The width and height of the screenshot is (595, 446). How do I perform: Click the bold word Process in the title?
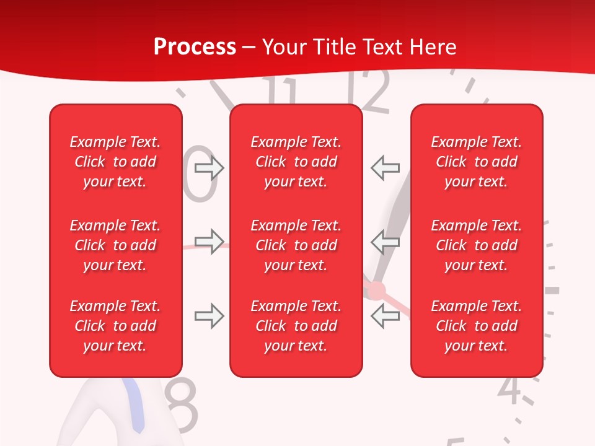[195, 47]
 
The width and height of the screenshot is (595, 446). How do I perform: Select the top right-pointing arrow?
[209, 168]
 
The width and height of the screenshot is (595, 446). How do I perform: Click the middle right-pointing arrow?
[209, 242]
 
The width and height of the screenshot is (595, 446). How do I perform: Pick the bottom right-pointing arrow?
[209, 317]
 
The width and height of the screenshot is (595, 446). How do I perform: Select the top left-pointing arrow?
[385, 167]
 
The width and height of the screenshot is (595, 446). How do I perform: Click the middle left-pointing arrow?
[385, 242]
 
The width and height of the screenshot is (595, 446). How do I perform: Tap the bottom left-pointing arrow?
[385, 317]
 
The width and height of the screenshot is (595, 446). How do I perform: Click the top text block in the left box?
[115, 162]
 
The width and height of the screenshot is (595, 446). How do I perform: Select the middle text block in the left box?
[115, 245]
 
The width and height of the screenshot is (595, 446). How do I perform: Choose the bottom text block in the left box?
[115, 326]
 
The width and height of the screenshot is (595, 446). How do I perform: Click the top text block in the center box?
[296, 162]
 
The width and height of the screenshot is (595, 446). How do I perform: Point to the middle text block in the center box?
[296, 245]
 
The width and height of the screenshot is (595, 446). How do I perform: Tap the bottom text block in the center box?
[296, 326]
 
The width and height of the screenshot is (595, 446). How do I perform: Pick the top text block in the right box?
[476, 162]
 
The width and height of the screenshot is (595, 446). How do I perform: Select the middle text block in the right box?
[476, 245]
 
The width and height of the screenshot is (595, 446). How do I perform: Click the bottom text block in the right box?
[476, 326]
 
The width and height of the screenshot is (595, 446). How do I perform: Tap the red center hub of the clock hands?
[376, 290]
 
